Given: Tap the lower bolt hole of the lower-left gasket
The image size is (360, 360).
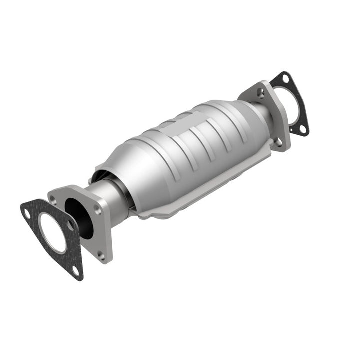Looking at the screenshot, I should (x=75, y=270).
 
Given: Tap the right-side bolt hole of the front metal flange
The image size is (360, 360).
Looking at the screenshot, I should (x=98, y=210).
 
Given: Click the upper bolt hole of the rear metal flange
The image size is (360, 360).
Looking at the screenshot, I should (x=260, y=92).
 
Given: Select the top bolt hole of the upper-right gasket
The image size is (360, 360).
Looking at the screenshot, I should (x=285, y=78).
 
